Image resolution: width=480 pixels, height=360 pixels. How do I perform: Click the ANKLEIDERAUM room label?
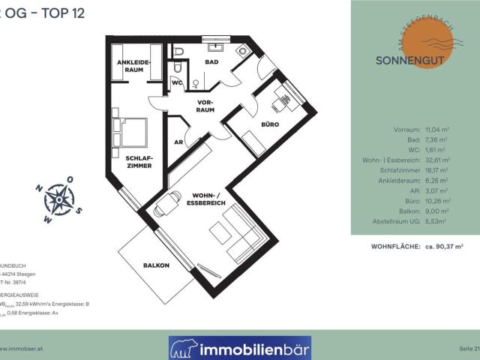coord(133,66)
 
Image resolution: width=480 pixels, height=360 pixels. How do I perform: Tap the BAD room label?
coord(212,62)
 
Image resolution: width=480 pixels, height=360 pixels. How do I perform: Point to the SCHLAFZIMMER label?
coord(139,160)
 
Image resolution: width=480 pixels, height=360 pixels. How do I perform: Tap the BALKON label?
coord(156,265)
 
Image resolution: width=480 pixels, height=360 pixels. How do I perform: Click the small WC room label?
coord(177,82)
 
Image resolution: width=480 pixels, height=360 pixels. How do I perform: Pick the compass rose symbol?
coord(58,199)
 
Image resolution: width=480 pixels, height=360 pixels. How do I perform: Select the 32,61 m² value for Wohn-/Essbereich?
coord(437,160)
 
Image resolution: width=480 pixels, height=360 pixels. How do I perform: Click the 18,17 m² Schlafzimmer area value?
coord(437,170)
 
